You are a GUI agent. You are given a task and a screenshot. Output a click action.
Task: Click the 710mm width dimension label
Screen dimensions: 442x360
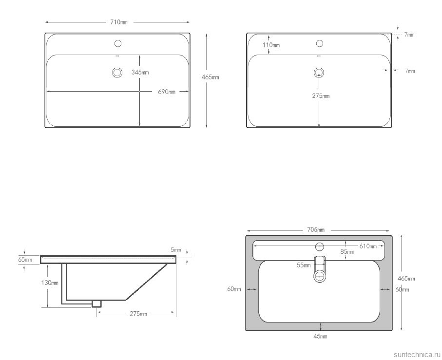[x=119, y=22]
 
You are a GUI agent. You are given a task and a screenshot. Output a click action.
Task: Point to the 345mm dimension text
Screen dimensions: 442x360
[x=140, y=73]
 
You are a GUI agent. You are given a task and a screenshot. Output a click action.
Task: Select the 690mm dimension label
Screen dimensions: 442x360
[x=167, y=92]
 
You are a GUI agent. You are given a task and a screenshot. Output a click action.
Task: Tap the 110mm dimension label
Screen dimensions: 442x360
[x=271, y=45]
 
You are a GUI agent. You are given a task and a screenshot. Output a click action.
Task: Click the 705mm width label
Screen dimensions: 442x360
[x=316, y=230]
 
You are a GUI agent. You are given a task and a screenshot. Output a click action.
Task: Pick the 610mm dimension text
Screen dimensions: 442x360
[x=368, y=246]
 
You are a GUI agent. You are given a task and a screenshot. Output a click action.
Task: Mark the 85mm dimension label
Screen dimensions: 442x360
[x=347, y=251]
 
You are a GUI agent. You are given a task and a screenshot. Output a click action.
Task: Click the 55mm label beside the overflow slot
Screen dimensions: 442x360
[x=304, y=265]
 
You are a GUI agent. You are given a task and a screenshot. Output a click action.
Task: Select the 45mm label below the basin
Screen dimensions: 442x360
[x=321, y=336]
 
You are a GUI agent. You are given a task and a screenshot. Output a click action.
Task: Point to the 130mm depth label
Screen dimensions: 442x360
[x=50, y=283]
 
